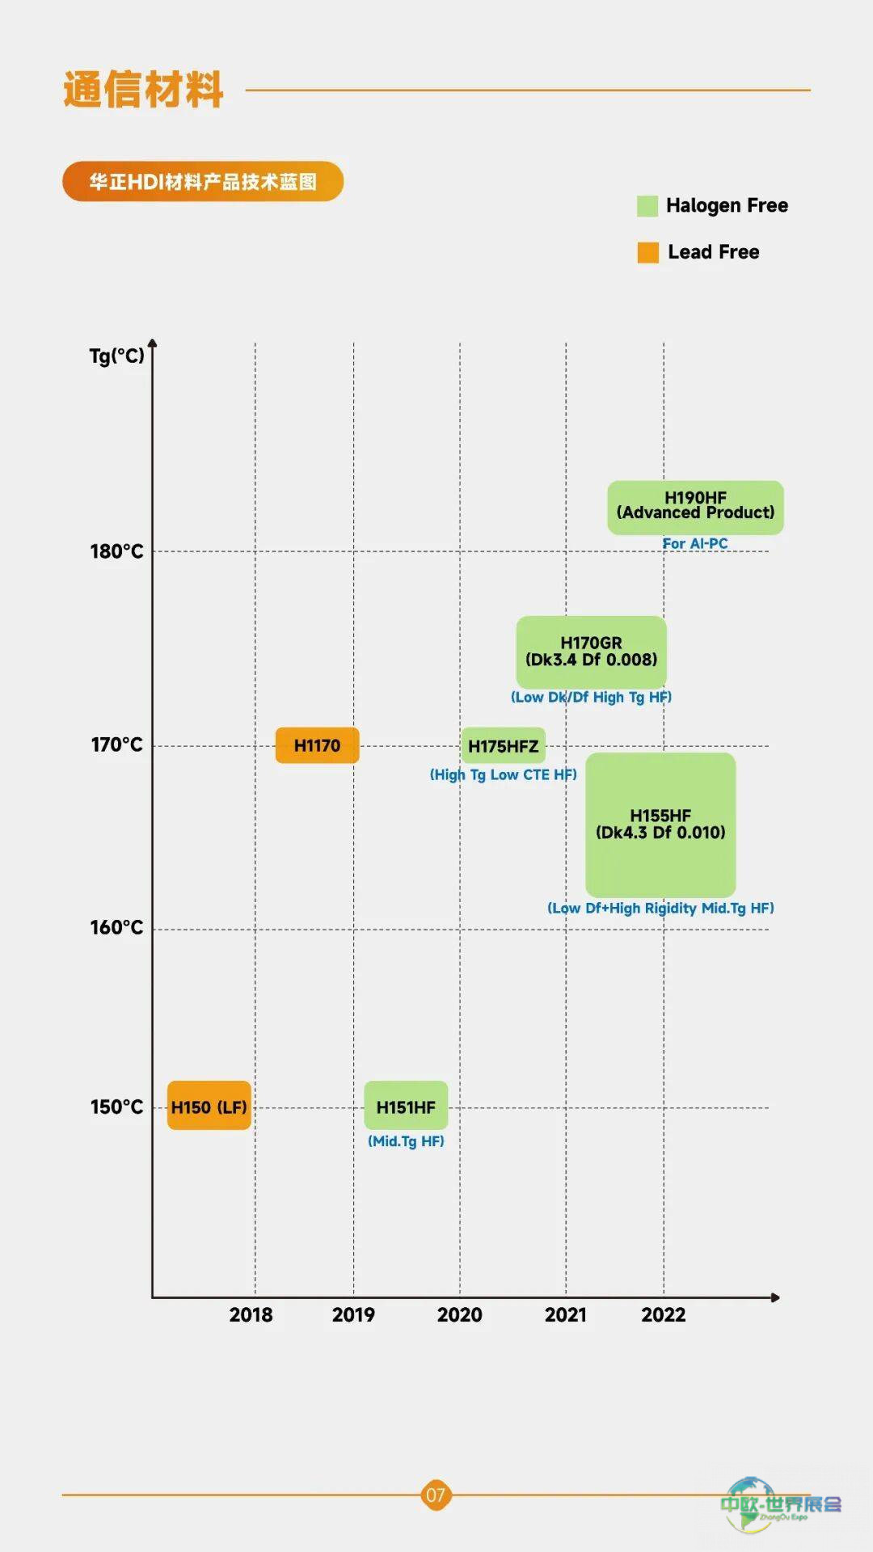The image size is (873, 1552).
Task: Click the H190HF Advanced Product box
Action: (x=695, y=507)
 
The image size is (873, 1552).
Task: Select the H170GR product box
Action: (x=591, y=652)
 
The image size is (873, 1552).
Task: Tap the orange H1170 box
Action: (x=317, y=745)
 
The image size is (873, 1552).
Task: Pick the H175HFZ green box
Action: (x=503, y=746)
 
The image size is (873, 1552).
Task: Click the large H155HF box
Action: (x=660, y=824)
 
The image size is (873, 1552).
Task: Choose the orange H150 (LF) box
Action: (x=209, y=1106)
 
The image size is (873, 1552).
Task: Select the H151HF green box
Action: (x=406, y=1106)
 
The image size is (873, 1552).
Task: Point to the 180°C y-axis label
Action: (x=116, y=551)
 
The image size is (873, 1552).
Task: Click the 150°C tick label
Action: (x=116, y=1107)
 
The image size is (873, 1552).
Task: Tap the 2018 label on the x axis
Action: (x=251, y=1315)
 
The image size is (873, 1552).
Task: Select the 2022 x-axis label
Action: (x=663, y=1315)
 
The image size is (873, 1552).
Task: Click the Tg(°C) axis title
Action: (x=116, y=356)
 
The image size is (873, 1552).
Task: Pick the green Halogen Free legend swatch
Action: (x=647, y=206)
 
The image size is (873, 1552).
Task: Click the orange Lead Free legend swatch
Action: (x=647, y=252)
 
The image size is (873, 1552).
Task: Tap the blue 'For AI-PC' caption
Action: (x=695, y=544)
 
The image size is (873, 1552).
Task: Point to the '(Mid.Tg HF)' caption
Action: (x=406, y=1141)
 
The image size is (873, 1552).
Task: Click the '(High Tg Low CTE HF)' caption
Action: (x=503, y=775)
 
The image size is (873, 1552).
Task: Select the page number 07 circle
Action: (x=436, y=1495)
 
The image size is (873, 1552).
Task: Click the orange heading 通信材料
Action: (x=143, y=89)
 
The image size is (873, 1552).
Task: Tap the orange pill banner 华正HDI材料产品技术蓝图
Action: (x=203, y=181)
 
